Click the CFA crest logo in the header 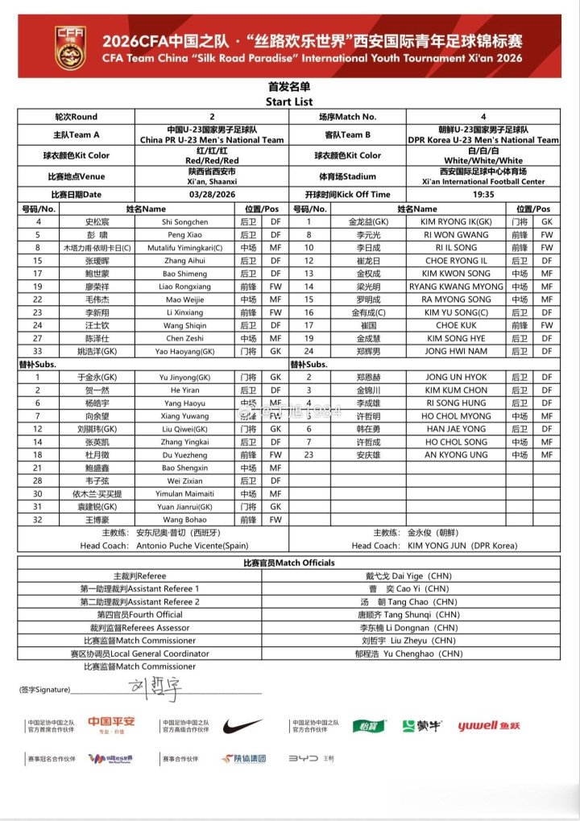pos(70,47)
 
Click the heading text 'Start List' pos(289,102)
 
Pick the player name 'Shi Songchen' pos(184,221)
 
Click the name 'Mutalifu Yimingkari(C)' pos(184,248)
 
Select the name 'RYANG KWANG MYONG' pos(457,287)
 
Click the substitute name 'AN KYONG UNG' pos(457,455)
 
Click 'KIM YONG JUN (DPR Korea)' pos(462,546)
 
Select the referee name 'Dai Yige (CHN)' pos(421,576)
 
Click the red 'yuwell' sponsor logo pos(489,726)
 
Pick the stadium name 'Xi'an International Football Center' pos(493,182)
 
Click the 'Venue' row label pos(77,176)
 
